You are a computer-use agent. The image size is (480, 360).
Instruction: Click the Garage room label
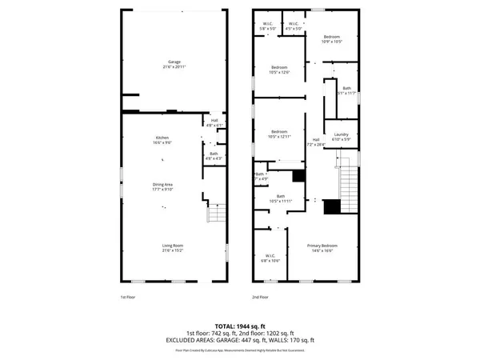click(174, 62)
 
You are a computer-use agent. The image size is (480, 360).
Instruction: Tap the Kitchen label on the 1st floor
click(162, 138)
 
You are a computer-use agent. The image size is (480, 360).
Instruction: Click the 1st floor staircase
click(215, 214)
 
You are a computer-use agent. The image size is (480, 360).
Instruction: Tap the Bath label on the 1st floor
click(213, 154)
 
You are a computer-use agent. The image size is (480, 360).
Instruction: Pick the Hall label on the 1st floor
click(214, 121)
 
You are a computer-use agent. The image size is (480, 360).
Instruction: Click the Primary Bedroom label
click(323, 246)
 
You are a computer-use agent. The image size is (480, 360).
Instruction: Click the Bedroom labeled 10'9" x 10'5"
click(333, 38)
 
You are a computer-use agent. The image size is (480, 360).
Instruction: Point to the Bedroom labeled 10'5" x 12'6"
click(279, 68)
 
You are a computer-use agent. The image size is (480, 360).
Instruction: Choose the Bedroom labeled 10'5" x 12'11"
click(279, 132)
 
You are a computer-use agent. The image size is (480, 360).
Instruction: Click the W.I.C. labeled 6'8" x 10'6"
click(270, 258)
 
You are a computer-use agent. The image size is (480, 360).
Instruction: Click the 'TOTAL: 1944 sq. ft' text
click(241, 326)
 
